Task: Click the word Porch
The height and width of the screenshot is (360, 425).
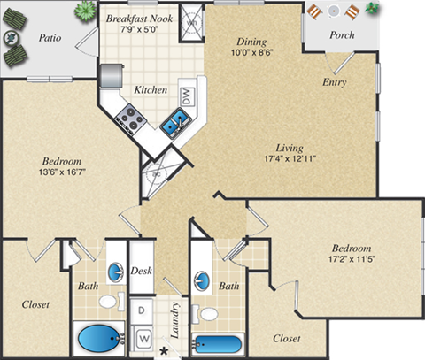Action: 342,35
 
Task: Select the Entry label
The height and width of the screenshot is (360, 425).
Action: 334,82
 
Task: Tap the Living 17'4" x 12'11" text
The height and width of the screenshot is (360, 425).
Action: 289,154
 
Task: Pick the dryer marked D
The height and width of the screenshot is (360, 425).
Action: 142,310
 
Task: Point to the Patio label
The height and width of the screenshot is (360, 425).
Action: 50,39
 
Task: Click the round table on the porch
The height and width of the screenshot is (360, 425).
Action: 333,11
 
